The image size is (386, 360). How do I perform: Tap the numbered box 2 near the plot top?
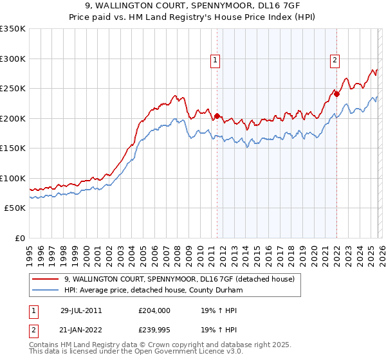click(335, 61)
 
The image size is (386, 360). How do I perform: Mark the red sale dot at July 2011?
click(217, 116)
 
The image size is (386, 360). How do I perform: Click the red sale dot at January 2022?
click(336, 94)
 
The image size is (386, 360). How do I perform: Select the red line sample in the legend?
click(46, 279)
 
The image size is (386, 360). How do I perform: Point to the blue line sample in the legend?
click(46, 290)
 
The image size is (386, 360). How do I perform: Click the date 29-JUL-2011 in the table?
click(81, 310)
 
